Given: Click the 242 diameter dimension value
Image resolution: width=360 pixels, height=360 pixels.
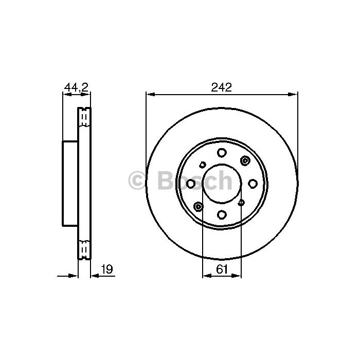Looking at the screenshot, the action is (x=221, y=87).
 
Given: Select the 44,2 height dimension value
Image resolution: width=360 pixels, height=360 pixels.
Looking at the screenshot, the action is (x=76, y=87).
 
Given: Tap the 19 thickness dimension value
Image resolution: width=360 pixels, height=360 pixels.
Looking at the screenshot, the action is (x=107, y=269).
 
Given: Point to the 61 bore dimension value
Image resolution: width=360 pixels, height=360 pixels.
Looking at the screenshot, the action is (x=222, y=269).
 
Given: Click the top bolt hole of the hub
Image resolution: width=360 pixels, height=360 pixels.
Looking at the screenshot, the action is (x=222, y=153).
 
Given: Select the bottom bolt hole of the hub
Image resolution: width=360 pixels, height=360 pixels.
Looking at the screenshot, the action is (x=222, y=214).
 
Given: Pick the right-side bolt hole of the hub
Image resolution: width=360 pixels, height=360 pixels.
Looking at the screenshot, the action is (x=253, y=184).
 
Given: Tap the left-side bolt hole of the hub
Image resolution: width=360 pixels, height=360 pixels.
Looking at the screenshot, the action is (x=191, y=184).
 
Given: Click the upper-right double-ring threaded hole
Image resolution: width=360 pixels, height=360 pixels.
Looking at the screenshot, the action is (x=245, y=160).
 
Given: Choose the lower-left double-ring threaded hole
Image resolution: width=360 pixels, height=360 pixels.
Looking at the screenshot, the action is (x=198, y=207).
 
